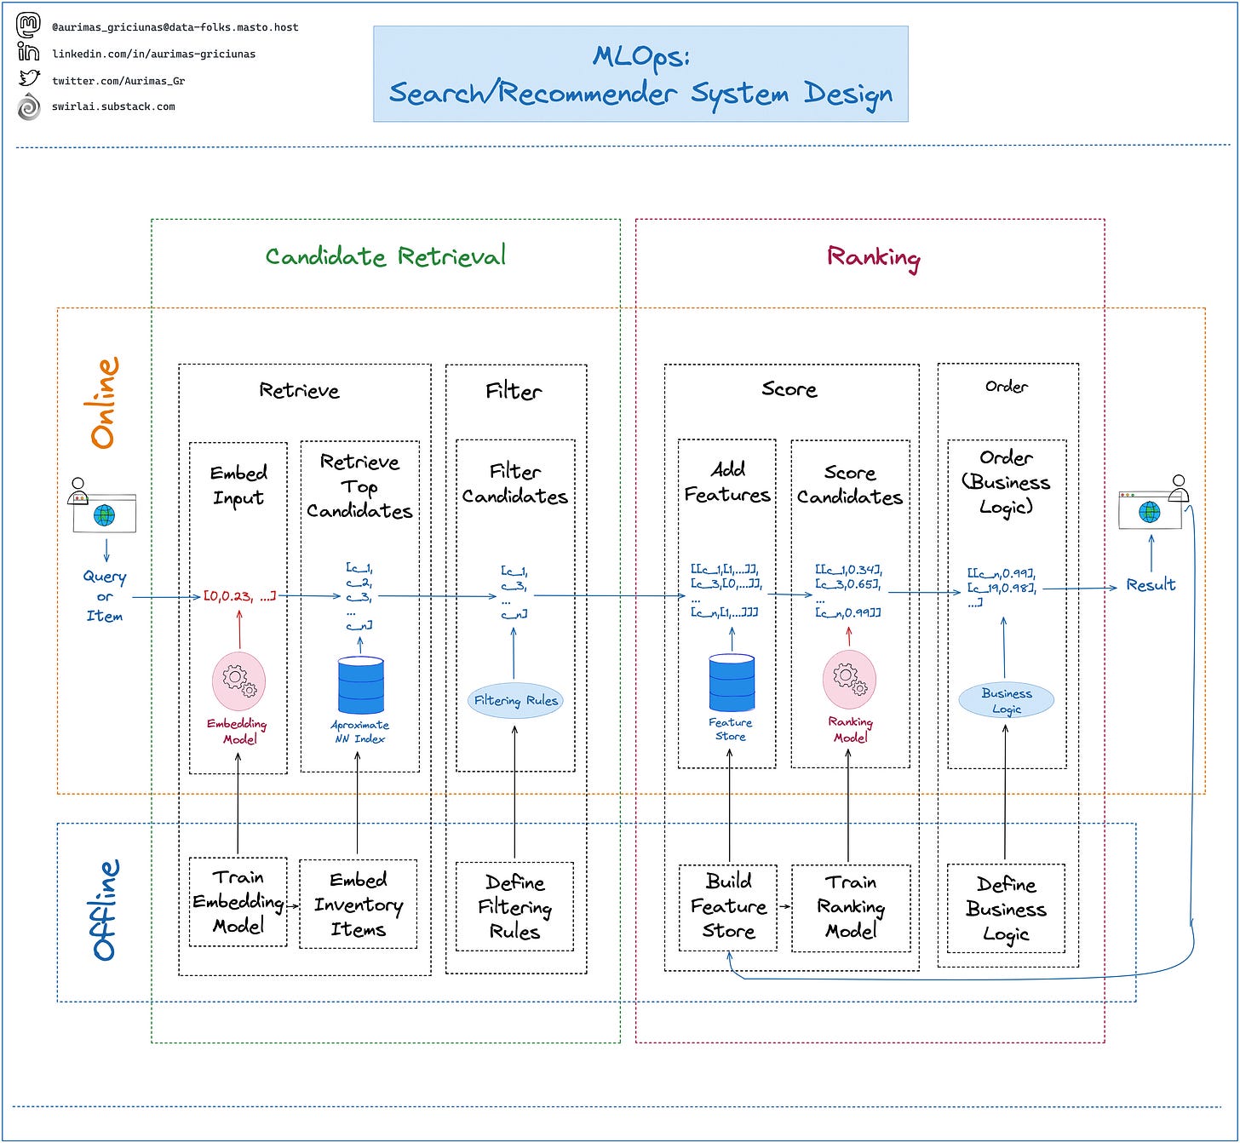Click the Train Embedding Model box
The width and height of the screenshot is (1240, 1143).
[238, 902]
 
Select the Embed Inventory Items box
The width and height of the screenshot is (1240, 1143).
[358, 904]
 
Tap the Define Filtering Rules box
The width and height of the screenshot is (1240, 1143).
[514, 906]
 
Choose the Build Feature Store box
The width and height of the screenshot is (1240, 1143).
[728, 906]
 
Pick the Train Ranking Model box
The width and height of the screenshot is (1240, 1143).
[850, 907]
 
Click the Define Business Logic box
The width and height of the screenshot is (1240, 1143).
[1006, 908]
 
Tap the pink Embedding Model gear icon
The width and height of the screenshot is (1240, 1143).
[238, 681]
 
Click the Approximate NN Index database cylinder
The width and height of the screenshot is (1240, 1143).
[360, 685]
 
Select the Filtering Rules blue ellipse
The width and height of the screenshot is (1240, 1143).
[515, 701]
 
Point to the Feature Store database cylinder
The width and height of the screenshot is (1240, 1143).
[732, 682]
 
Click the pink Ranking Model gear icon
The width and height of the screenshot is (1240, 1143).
[848, 680]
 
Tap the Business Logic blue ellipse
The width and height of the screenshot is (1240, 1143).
[1006, 700]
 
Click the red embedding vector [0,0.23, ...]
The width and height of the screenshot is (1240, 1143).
[239, 596]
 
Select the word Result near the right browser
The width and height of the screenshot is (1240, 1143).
[1151, 585]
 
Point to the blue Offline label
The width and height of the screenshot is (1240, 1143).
[105, 910]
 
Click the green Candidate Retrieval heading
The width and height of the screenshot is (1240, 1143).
[385, 256]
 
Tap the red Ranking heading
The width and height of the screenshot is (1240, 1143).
[873, 257]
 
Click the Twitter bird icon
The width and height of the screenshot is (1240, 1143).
[29, 79]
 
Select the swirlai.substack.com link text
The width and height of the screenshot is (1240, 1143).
[113, 107]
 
